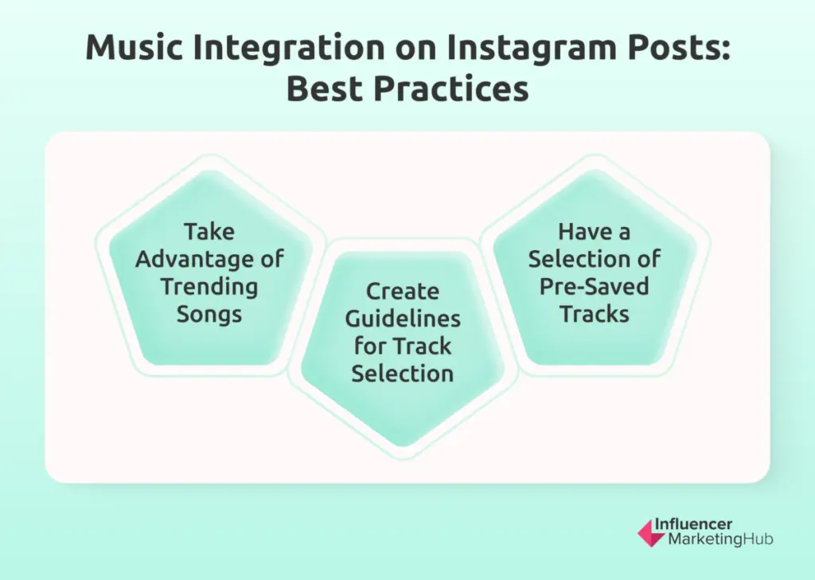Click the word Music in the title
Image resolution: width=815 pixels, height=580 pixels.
coord(134,47)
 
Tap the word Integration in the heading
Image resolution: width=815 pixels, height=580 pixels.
coord(288,49)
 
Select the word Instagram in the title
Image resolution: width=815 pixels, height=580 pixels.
coord(531,49)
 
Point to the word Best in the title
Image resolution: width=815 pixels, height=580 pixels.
coord(325,88)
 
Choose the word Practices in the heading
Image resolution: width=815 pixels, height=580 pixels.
coord(451,88)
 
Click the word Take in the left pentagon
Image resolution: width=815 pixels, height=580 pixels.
coord(209,232)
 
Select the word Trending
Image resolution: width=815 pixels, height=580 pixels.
coord(209,287)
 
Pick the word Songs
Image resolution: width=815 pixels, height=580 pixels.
coord(209,315)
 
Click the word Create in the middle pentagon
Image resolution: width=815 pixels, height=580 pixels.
coord(403,292)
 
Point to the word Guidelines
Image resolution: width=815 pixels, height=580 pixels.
coord(403,319)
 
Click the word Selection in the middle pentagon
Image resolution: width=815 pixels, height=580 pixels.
coord(403,374)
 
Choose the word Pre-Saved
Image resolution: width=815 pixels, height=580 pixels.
coord(595,287)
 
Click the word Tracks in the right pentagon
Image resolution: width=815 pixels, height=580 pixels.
coord(595,314)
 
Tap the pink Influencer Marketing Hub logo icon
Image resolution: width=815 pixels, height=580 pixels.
coord(651,533)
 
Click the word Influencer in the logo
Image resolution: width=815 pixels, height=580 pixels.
coord(693,523)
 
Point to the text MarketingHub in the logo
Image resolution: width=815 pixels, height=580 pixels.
coord(720,539)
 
